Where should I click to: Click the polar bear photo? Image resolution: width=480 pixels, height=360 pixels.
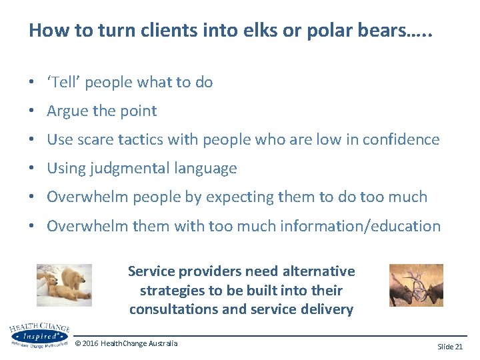coord(64,285)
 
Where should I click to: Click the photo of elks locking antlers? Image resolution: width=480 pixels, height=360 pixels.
coord(416,285)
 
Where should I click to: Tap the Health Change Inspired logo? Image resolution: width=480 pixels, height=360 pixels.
coord(39,335)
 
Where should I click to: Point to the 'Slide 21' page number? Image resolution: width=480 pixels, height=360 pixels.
coord(450,347)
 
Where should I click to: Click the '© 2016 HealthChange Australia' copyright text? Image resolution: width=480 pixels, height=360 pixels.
coord(127,343)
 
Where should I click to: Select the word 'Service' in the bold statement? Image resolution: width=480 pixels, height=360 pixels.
coord(153,271)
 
